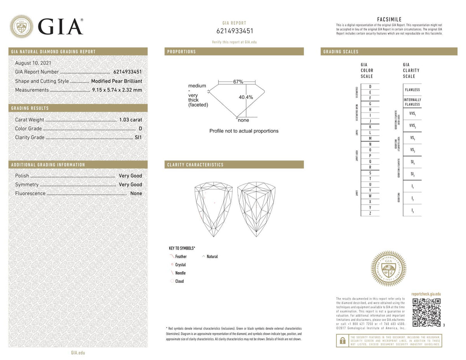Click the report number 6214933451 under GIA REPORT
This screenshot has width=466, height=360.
[x=234, y=31]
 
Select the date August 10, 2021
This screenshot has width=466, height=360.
[x=33, y=63]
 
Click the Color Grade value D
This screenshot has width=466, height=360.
[x=140, y=129]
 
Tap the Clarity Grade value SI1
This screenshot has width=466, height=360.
[x=138, y=137]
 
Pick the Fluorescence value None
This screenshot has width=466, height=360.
[x=136, y=193]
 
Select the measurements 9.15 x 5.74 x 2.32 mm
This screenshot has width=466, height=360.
[x=117, y=90]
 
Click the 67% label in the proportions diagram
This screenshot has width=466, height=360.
[x=238, y=82]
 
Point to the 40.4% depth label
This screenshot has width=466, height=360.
[x=245, y=97]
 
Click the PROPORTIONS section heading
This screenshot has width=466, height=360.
[x=181, y=52]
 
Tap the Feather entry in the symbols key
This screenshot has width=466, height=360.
[x=181, y=257]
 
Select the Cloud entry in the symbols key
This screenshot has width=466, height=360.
[x=179, y=281]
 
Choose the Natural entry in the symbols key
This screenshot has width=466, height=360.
[x=212, y=257]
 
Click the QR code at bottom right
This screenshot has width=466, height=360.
[x=426, y=312]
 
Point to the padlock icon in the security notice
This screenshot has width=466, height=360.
[x=343, y=341]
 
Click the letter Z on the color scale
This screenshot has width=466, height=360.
[x=370, y=213]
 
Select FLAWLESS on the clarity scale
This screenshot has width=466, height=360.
[x=412, y=90]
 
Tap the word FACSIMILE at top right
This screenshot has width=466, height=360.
[x=389, y=19]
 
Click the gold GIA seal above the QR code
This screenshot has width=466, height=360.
[x=389, y=269]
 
